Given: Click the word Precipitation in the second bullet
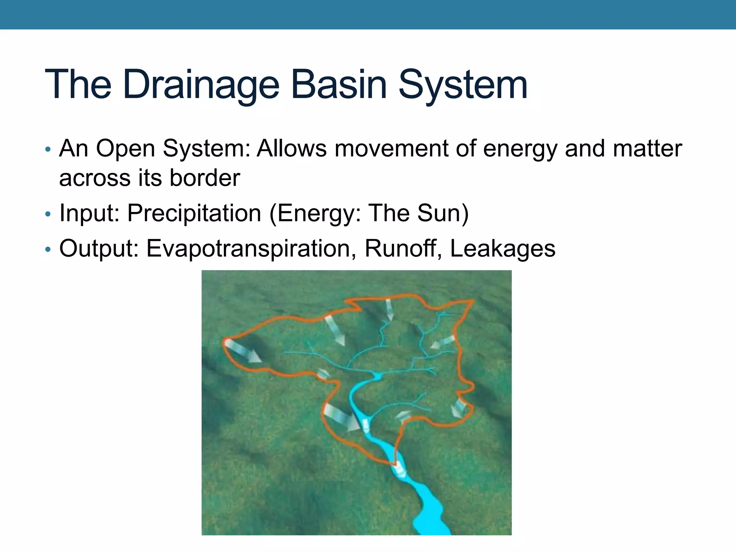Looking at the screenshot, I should (194, 213).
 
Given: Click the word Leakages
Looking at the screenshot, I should (502, 248).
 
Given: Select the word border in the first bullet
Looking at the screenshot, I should (204, 178).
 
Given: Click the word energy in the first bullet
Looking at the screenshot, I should (521, 149).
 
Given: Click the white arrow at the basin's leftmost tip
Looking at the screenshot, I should (243, 351).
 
